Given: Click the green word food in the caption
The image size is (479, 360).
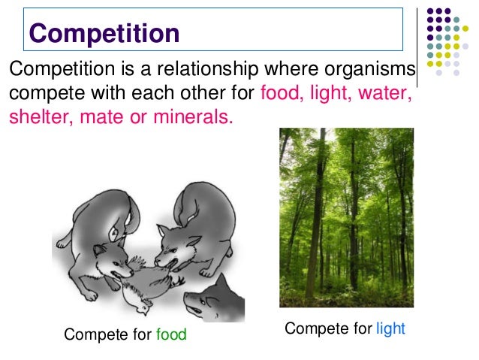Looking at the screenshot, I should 171,334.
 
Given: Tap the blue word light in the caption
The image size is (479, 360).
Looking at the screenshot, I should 390,329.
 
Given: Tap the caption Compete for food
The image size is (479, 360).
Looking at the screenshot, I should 125,334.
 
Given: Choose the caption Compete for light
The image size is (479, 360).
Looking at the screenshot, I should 345,329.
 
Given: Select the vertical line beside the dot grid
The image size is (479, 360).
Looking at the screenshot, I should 417,45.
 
